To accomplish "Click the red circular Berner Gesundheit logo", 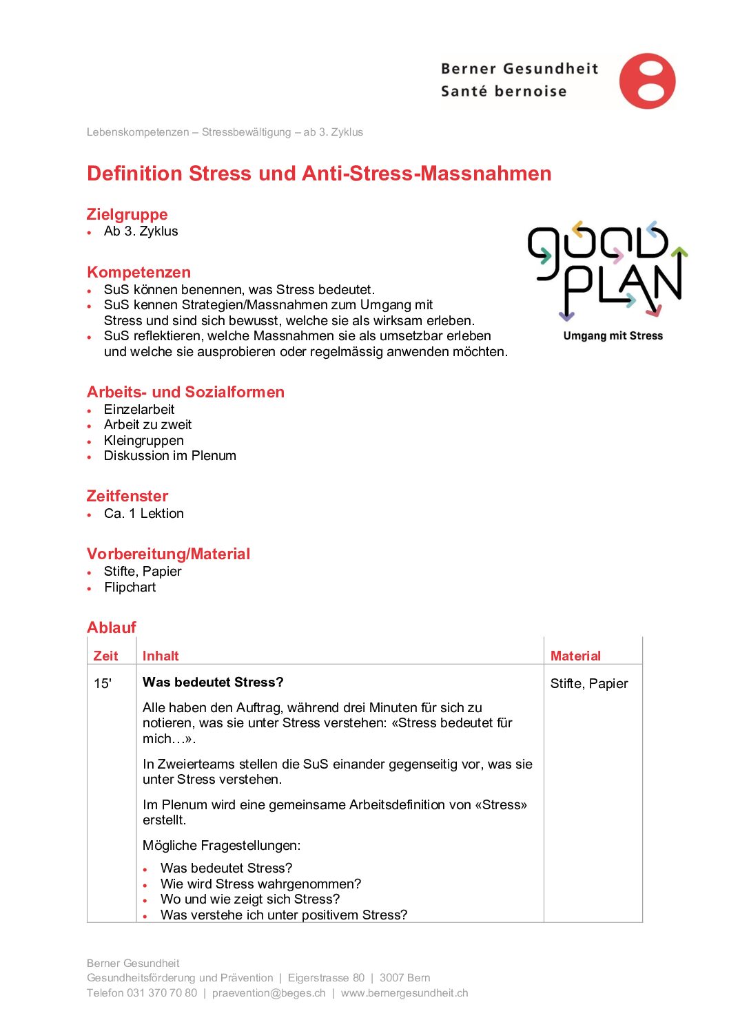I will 647,81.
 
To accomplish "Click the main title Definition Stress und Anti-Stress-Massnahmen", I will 319,174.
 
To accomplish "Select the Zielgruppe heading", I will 127,214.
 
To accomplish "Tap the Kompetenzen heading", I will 138,272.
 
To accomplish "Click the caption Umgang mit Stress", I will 613,336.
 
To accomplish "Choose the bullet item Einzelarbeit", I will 139,409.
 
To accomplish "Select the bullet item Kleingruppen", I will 143,440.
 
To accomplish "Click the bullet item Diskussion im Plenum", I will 170,456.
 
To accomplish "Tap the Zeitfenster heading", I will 127,496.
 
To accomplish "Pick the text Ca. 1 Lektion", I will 143,514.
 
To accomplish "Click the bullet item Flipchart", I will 130,587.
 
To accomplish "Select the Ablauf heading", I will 112,627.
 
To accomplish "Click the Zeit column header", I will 105,656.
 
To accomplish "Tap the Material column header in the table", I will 575,656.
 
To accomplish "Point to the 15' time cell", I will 103,684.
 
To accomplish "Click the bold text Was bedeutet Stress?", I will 213,683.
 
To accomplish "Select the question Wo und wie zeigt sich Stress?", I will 250,899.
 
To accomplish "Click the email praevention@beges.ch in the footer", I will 269,993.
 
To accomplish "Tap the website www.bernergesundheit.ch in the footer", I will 404,993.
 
